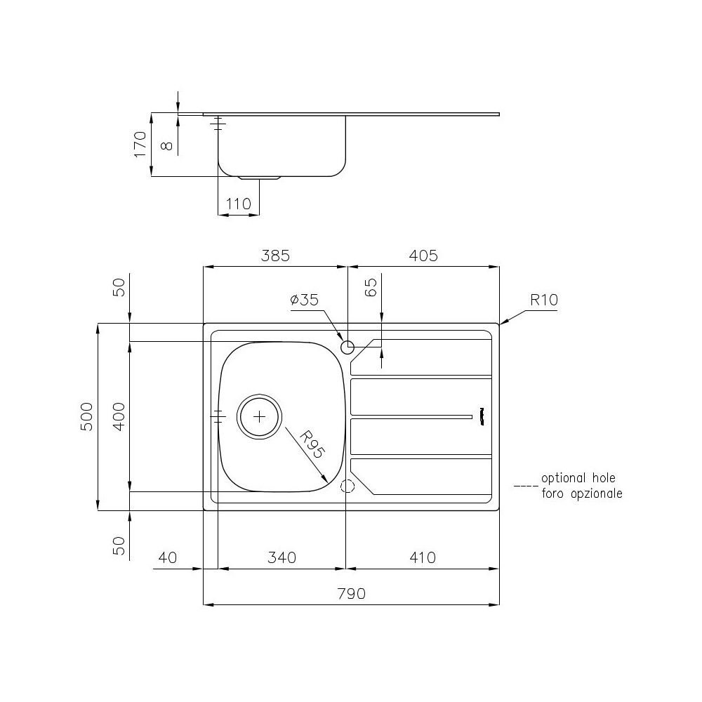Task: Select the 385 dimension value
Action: coord(275,256)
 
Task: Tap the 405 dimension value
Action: coord(423,256)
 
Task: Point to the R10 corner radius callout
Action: coord(543,300)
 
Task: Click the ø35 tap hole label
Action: coord(304,300)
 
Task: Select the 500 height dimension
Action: coord(86,417)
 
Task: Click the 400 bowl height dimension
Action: coord(119,417)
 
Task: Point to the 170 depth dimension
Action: coord(140,144)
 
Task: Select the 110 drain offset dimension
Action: coord(238,204)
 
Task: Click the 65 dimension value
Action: coord(371,287)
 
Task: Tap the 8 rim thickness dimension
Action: coord(166,146)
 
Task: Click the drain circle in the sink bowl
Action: coord(260,416)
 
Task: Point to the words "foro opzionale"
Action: coord(582,494)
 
